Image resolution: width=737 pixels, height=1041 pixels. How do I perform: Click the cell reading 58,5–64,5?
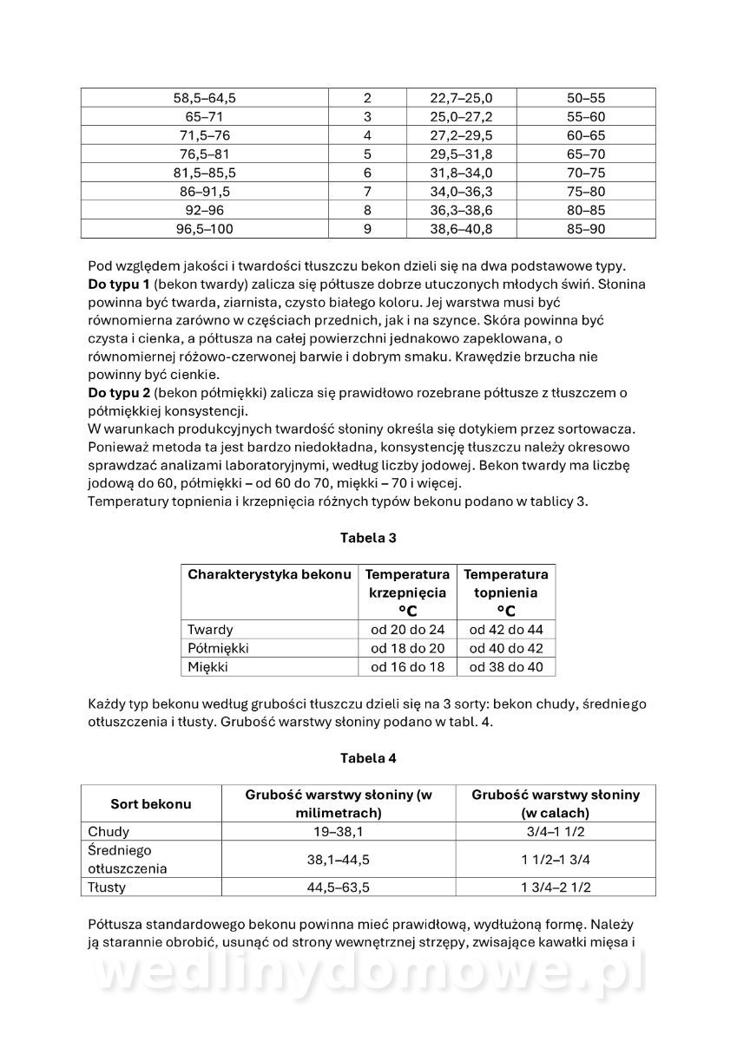coord(205,98)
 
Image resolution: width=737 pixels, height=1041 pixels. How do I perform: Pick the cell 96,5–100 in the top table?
coord(205,229)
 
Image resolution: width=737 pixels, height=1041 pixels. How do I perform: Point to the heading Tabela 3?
coord(368,538)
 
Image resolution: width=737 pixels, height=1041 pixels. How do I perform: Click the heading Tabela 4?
coord(368,757)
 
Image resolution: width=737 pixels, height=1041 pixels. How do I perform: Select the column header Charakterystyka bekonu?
coord(269,574)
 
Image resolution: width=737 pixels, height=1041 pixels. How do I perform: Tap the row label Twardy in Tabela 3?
coord(209,630)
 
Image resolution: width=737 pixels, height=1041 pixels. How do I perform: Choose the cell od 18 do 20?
coord(407,648)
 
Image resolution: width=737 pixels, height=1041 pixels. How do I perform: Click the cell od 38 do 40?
coord(505,667)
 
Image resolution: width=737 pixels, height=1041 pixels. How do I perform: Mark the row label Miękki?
coord(208,667)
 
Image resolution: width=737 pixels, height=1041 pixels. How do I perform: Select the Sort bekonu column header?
coord(151,804)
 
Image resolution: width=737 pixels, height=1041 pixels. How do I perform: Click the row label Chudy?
coord(109,832)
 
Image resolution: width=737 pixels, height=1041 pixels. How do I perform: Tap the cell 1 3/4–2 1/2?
coord(556,887)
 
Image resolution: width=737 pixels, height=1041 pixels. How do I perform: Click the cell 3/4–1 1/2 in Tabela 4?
coord(556,832)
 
